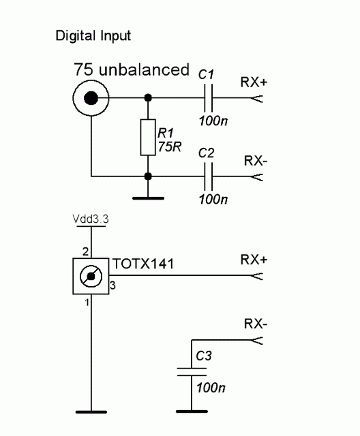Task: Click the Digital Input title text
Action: click(x=93, y=36)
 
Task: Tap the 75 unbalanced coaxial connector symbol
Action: click(x=91, y=98)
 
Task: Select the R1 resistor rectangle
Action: click(x=148, y=138)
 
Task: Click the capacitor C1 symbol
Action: click(x=208, y=98)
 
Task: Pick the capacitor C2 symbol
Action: click(x=208, y=176)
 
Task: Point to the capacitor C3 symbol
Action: click(x=192, y=372)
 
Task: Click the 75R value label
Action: click(x=169, y=146)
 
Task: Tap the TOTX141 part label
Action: click(x=143, y=264)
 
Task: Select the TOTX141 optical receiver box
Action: click(x=91, y=276)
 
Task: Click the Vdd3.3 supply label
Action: click(x=91, y=219)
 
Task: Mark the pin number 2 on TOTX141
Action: click(x=85, y=252)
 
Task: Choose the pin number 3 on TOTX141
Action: click(x=112, y=285)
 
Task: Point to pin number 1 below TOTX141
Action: click(x=87, y=302)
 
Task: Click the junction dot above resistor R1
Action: click(x=148, y=98)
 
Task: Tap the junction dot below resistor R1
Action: click(x=148, y=176)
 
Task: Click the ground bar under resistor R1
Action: click(x=148, y=198)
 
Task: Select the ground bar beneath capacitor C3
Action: click(x=192, y=411)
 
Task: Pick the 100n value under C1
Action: click(x=213, y=121)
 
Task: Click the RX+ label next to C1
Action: click(x=254, y=82)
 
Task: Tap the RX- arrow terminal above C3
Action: click(x=256, y=340)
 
